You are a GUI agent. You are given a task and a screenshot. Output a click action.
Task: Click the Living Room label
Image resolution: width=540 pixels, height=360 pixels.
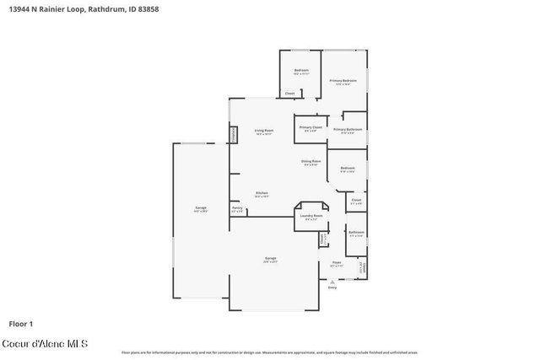tap(264, 131)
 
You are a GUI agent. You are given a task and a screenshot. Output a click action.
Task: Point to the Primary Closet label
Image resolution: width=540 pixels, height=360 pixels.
tap(310, 127)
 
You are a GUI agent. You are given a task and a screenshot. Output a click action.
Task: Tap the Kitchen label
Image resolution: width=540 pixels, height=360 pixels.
tap(262, 193)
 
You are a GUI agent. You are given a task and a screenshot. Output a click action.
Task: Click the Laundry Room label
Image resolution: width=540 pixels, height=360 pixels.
tap(311, 216)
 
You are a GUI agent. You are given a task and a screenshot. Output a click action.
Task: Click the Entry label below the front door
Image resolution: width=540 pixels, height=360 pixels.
tap(332, 287)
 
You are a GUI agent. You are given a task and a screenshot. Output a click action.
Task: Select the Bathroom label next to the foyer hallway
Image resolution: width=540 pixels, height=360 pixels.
tap(356, 232)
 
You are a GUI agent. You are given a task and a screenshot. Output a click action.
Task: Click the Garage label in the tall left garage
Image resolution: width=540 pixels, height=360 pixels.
tap(201, 207)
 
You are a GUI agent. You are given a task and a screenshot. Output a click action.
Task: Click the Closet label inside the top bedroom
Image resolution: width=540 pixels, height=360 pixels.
tap(289, 93)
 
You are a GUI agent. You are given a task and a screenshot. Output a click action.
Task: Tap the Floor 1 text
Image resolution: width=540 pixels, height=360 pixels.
tap(21, 323)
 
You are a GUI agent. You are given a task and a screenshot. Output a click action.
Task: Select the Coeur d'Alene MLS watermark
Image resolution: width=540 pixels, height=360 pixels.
tap(49, 344)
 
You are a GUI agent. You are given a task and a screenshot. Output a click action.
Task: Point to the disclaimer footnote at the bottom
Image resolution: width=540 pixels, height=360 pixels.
tap(270, 352)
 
